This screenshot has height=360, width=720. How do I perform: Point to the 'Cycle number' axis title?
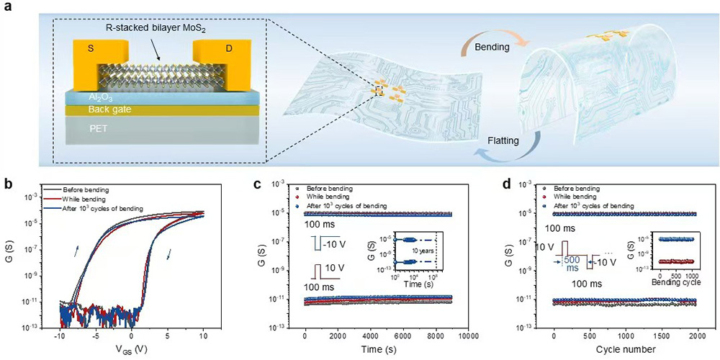click(x=626, y=350)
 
